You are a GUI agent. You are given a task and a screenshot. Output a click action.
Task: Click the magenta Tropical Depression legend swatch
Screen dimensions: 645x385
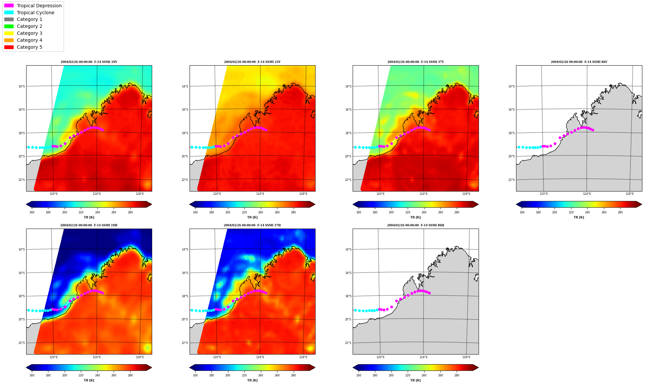(9, 6)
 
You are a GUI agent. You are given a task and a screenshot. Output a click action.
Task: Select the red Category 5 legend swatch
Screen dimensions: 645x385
(9, 47)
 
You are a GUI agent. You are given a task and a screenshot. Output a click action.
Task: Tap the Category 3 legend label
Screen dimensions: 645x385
(29, 33)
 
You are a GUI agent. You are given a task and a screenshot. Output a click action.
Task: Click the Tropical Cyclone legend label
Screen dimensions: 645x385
(35, 13)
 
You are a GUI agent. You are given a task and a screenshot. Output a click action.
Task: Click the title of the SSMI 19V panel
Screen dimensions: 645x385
(89, 62)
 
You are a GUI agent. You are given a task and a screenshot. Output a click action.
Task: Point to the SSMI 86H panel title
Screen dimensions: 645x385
(416, 225)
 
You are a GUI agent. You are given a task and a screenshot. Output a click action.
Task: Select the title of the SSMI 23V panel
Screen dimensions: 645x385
(252, 62)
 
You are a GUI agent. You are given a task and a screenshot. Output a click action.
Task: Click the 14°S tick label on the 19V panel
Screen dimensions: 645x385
(22, 86)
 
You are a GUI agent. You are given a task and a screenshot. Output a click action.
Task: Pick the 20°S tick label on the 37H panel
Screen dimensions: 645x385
(185, 319)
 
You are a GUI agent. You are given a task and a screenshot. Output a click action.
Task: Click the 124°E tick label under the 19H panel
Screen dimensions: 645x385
(97, 357)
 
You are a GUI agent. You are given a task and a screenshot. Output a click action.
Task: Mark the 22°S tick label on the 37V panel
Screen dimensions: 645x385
(348, 180)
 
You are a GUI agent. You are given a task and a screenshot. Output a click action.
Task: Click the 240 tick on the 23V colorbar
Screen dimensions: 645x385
(261, 212)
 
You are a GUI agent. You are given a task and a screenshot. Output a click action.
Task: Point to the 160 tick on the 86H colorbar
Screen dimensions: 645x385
(359, 375)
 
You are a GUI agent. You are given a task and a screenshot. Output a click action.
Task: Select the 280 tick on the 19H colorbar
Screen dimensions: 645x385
(130, 375)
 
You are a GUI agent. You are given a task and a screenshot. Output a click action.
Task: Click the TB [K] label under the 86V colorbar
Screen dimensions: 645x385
(579, 217)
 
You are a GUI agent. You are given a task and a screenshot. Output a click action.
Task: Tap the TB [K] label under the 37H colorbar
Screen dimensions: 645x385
(252, 380)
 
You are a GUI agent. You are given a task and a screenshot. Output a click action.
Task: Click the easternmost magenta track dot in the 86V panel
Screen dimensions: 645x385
(593, 130)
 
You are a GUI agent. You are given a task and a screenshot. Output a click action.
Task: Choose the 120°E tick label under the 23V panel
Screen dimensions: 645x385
(217, 194)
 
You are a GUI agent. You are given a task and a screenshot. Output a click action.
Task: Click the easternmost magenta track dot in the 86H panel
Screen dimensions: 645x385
(429, 293)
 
